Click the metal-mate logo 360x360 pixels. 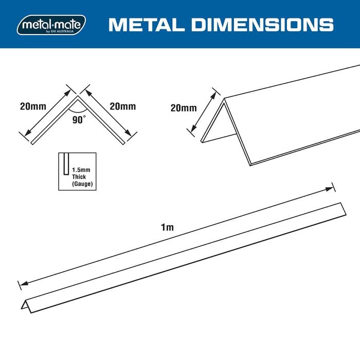[x=51, y=25]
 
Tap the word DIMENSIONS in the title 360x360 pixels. [x=262, y=25]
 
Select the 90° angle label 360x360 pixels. [x=79, y=119]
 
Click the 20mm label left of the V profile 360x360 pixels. [x=33, y=106]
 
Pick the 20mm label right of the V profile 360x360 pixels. [x=122, y=106]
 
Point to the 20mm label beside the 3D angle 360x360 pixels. [x=184, y=108]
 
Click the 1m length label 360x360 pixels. [x=167, y=227]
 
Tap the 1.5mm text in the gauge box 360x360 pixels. [x=81, y=170]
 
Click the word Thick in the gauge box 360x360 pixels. [x=79, y=177]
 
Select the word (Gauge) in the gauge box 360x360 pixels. [x=82, y=184]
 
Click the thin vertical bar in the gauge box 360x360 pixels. [x=66, y=164]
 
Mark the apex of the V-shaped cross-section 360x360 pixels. [x=78, y=96]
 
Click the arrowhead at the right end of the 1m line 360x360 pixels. [x=329, y=189]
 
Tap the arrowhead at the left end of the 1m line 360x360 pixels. [x=24, y=283]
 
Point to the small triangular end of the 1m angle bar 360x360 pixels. [x=26, y=305]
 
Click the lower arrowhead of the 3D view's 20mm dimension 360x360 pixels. [x=193, y=129]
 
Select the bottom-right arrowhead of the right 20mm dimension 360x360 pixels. [x=129, y=133]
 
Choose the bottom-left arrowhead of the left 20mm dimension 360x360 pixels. [x=28, y=133]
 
